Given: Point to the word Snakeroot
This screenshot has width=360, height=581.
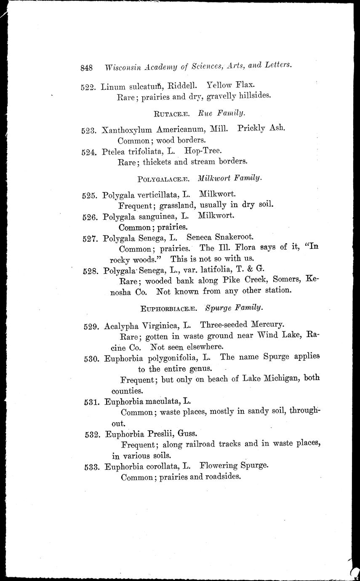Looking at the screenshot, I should point(233,237).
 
